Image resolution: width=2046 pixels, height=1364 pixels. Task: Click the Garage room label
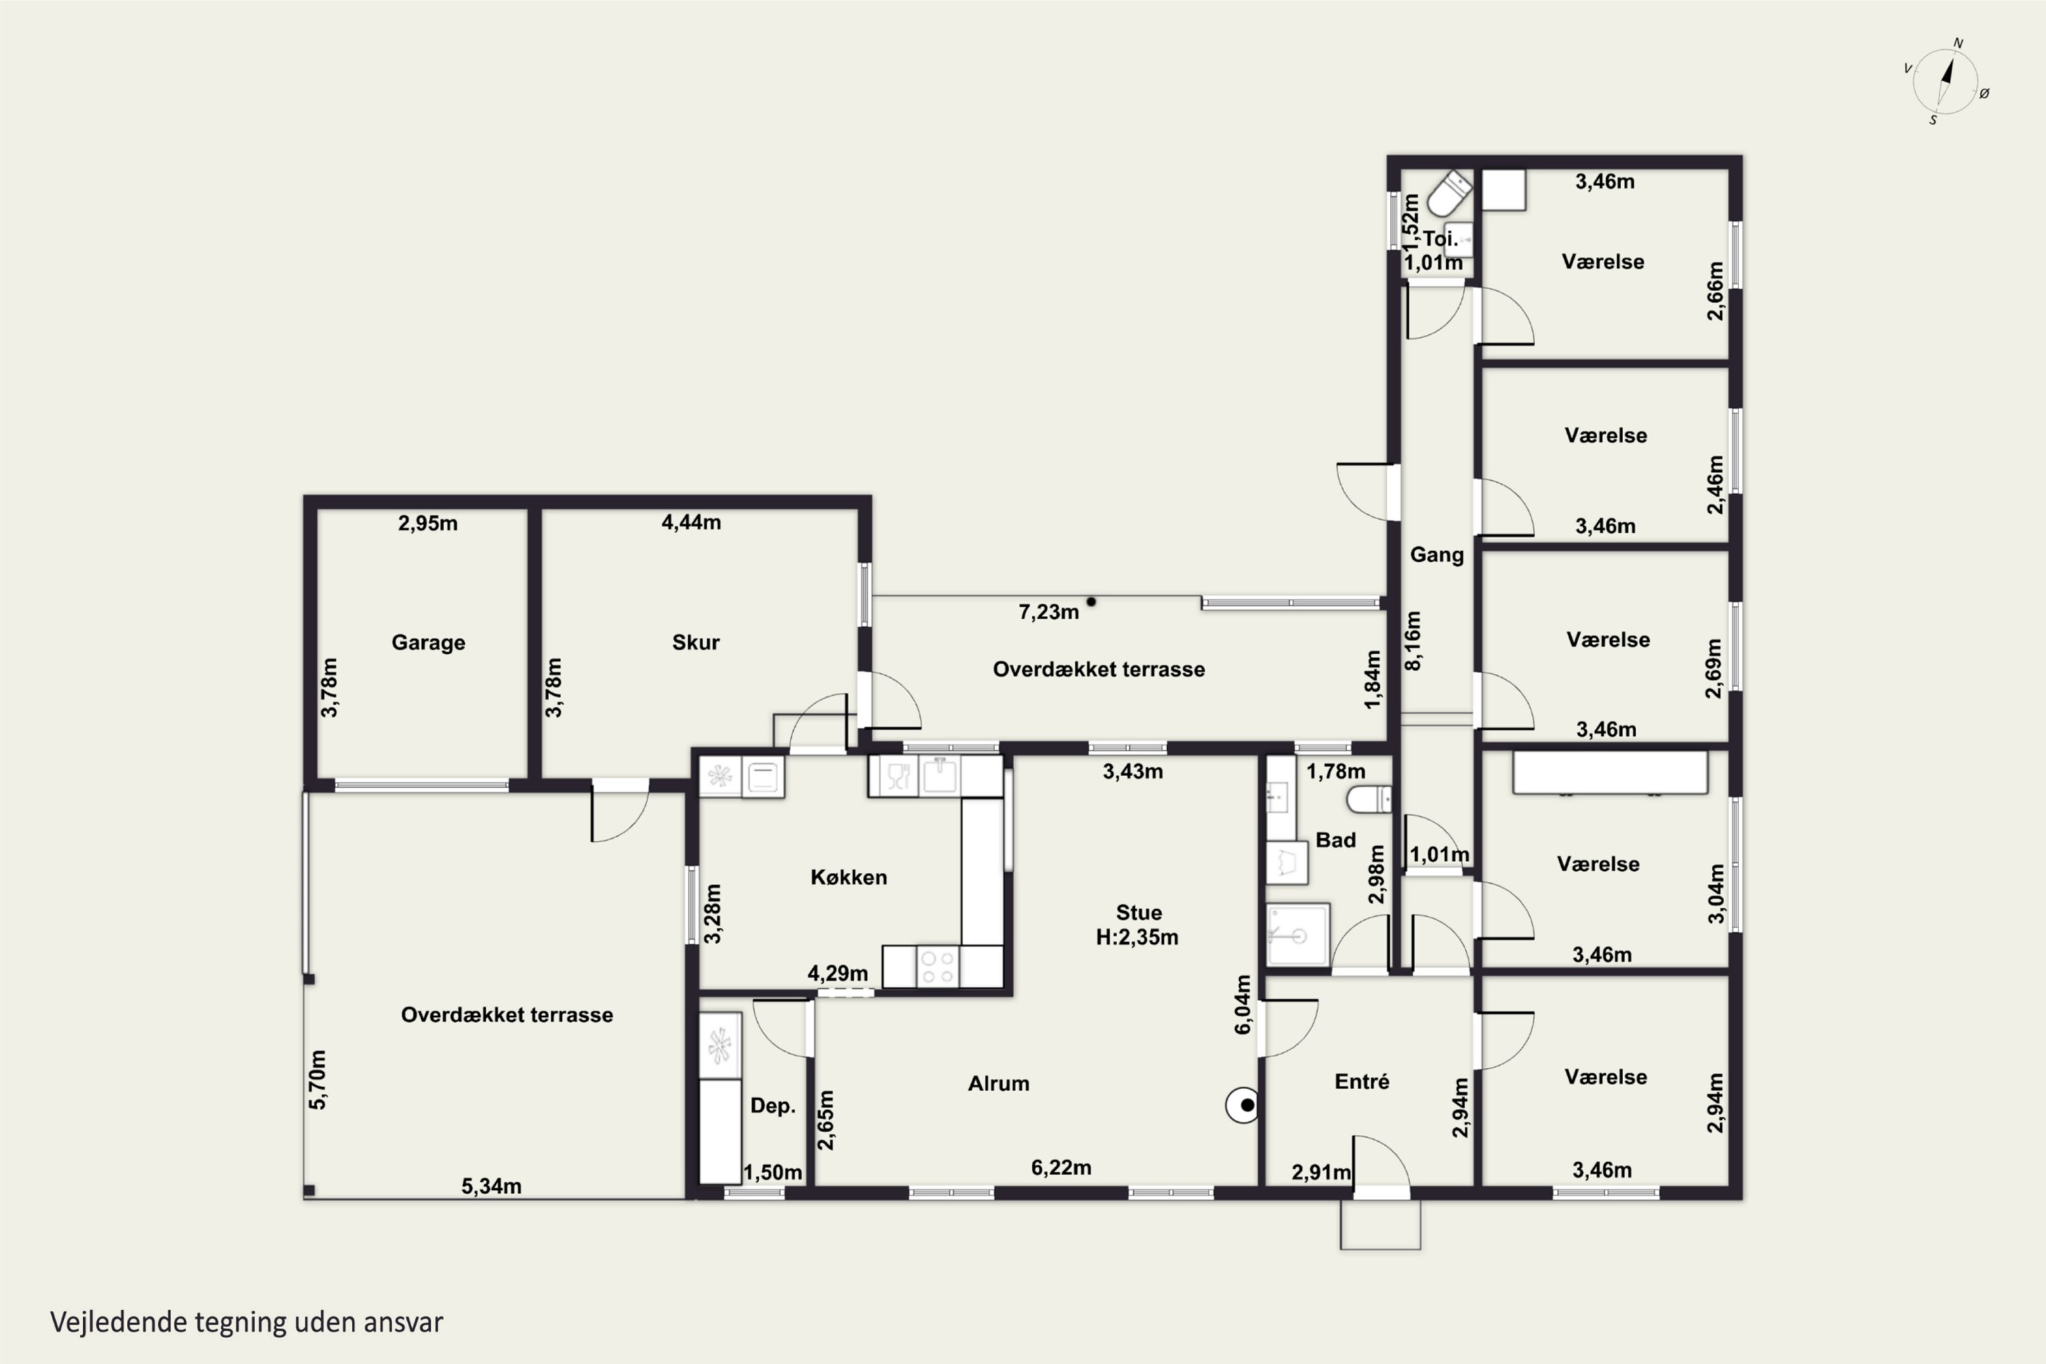428,643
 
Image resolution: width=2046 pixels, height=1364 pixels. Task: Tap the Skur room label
696,643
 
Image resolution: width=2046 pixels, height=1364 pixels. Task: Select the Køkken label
849,877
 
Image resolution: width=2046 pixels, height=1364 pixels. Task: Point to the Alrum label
998,1083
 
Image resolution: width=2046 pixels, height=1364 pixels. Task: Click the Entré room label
1362,1081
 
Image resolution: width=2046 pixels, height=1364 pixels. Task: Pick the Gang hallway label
1437,555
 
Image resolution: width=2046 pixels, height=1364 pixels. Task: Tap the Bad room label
1335,840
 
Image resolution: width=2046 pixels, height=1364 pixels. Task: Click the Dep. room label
773,1106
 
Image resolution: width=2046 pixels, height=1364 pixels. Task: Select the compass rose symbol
1946,82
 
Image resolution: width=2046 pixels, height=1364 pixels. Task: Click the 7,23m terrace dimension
1049,612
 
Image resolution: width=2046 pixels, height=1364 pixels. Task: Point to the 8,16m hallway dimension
1414,640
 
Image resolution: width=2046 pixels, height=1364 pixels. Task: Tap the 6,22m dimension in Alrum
1061,1168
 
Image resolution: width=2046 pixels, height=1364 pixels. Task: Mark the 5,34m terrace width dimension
492,1186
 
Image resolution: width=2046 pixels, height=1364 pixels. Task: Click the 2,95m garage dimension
428,523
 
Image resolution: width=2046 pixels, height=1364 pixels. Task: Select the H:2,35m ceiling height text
1137,937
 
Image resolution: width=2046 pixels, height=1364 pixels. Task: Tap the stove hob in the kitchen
938,966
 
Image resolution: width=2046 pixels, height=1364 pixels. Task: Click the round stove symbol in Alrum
1242,1106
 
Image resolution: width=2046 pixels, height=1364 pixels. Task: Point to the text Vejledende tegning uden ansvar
247,1322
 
